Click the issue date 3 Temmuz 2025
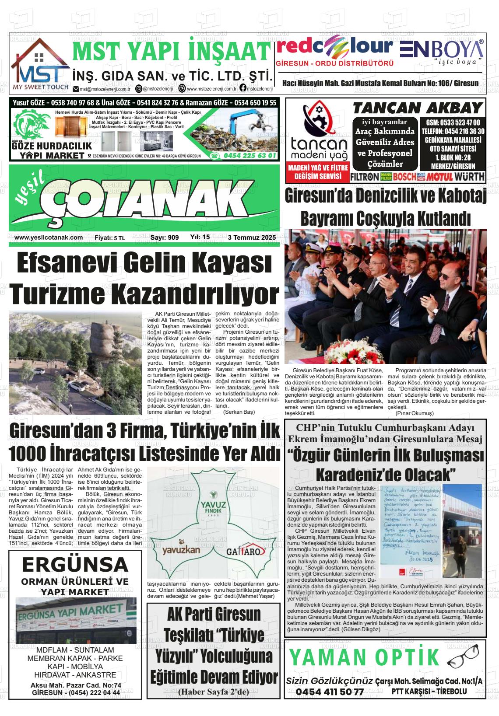tap(252, 238)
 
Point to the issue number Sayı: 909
tap(165, 238)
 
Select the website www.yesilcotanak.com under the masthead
tap(49, 238)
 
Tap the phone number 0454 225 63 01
tap(249, 156)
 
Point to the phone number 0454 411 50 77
tap(330, 692)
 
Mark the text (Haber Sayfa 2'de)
tap(213, 692)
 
